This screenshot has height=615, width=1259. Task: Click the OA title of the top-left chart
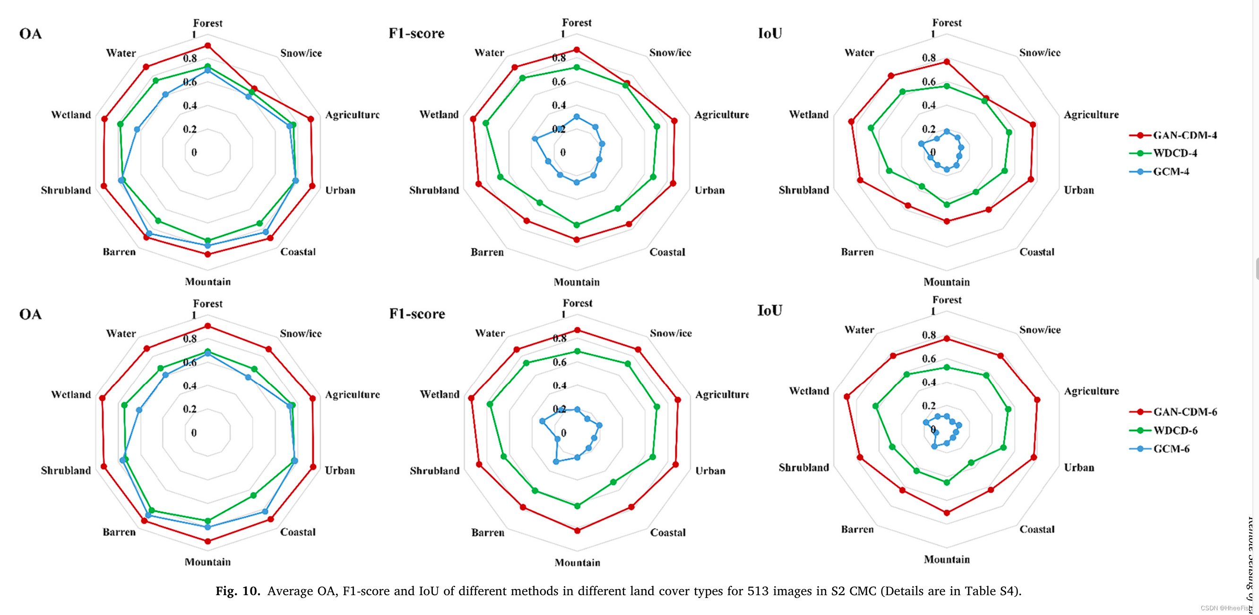30,34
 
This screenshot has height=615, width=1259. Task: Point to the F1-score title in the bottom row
417,314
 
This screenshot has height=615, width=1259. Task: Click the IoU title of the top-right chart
770,33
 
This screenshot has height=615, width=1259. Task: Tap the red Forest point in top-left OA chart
208,45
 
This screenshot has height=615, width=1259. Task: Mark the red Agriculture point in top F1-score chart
674,120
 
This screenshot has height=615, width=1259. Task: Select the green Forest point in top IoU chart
947,86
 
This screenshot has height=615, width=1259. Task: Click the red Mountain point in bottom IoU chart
947,513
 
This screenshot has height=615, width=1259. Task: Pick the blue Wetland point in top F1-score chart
535,139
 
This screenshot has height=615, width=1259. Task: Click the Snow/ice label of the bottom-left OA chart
301,333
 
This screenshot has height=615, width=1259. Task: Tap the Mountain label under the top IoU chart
947,282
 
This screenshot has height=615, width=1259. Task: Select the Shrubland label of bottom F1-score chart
434,470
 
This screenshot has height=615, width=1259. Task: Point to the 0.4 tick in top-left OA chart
190,105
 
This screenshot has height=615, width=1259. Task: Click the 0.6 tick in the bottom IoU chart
929,359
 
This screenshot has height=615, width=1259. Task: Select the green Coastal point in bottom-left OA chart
253,495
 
